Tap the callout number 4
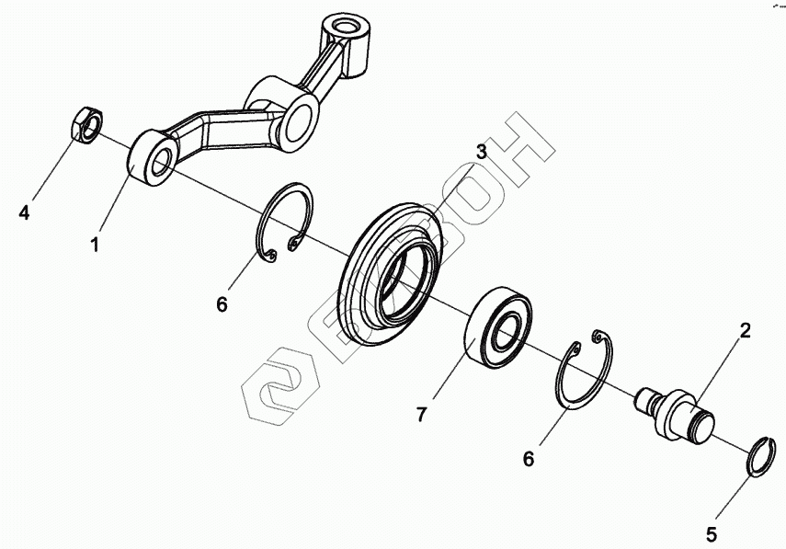pyautogui.click(x=25, y=213)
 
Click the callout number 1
pyautogui.click(x=94, y=245)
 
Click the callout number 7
pyautogui.click(x=422, y=415)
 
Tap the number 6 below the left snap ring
pyautogui.click(x=222, y=304)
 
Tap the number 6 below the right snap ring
pyautogui.click(x=530, y=458)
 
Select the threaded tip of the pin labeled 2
pyautogui.click(x=645, y=398)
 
